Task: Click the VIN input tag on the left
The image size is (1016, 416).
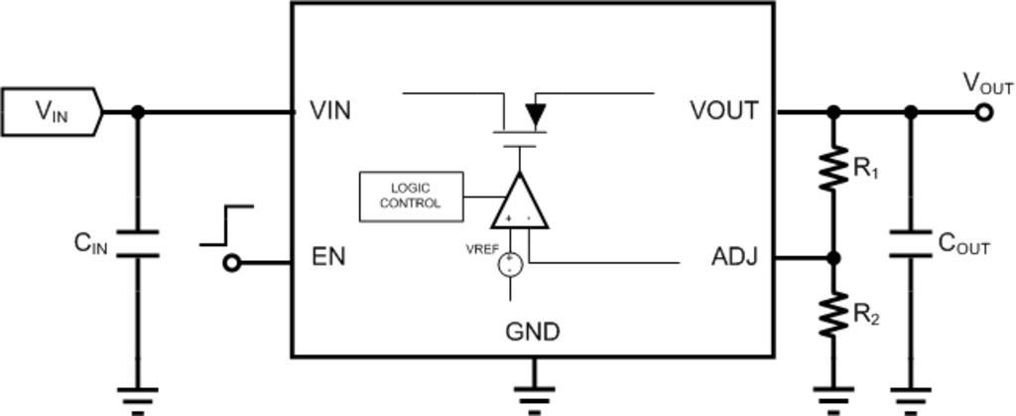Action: (50, 111)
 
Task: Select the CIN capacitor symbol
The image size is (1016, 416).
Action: (137, 244)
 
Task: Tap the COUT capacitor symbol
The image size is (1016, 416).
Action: (911, 244)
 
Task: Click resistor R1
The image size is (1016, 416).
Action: (833, 170)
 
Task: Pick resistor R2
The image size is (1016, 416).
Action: (833, 315)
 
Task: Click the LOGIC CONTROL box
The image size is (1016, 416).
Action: (410, 196)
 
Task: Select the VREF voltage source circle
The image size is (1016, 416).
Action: (511, 263)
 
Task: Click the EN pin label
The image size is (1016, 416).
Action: (328, 257)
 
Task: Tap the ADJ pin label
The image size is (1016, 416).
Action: (734, 257)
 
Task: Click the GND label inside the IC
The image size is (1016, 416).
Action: (533, 332)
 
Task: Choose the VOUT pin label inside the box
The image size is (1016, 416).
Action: (724, 110)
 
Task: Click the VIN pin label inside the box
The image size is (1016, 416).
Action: (330, 110)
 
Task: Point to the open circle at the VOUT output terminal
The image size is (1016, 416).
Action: (983, 112)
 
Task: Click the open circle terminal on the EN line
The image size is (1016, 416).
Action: (232, 263)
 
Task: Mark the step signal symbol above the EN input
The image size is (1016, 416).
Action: (226, 225)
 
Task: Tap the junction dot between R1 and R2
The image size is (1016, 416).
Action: (833, 258)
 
